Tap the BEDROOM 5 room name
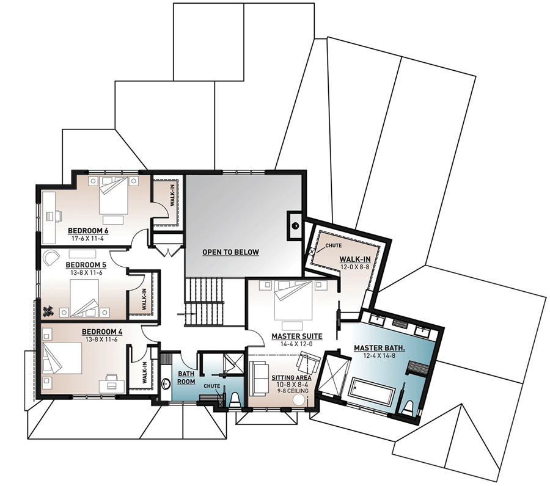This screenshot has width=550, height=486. pyautogui.click(x=86, y=264)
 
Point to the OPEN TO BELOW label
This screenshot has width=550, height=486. pyautogui.click(x=231, y=252)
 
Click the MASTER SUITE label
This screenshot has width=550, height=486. pyautogui.click(x=297, y=336)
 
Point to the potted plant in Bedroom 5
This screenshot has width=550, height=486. pyautogui.click(x=48, y=311)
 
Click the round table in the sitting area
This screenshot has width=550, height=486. pyautogui.click(x=300, y=401)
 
